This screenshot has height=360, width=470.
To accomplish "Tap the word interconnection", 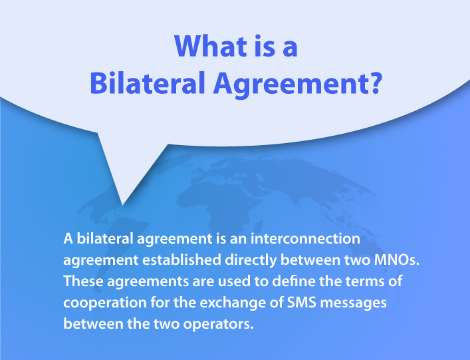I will (313, 238).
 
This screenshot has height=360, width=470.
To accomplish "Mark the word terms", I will (358, 281).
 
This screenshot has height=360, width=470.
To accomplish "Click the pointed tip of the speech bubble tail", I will (122, 204).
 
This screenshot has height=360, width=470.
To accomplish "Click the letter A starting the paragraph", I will (68, 238).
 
